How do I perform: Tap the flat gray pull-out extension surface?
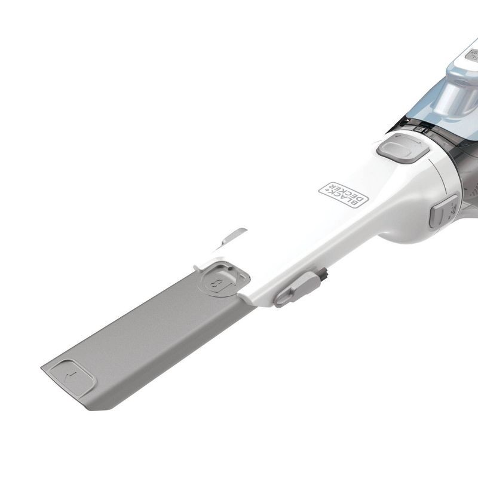tap(149, 335)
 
